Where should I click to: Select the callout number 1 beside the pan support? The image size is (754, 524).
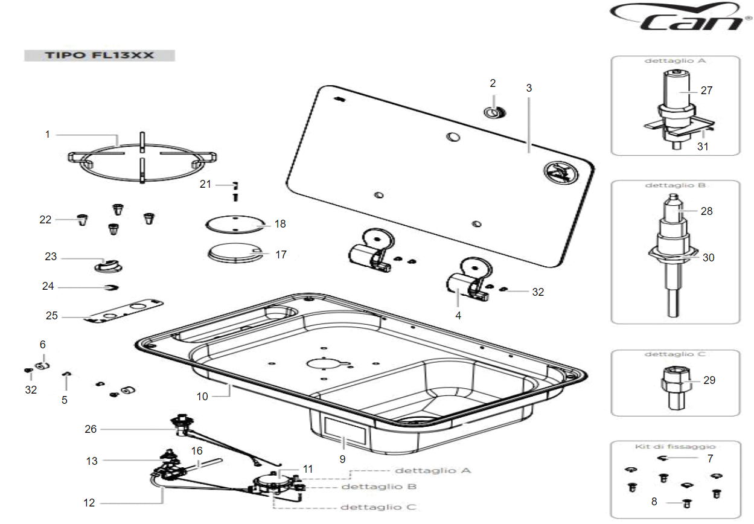[48, 134]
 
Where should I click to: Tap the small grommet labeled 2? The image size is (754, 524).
[494, 112]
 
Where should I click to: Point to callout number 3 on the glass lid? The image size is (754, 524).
[529, 88]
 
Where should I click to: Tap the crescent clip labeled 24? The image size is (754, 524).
[112, 288]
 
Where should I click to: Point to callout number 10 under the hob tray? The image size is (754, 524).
[202, 396]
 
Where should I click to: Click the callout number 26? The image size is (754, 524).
[91, 429]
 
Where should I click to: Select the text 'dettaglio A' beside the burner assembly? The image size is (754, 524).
[432, 470]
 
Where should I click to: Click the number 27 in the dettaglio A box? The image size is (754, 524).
[706, 91]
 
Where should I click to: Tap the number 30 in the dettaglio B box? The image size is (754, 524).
[708, 257]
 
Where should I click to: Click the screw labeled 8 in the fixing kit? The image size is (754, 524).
[686, 503]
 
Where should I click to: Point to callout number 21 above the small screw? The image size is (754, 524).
[206, 184]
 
